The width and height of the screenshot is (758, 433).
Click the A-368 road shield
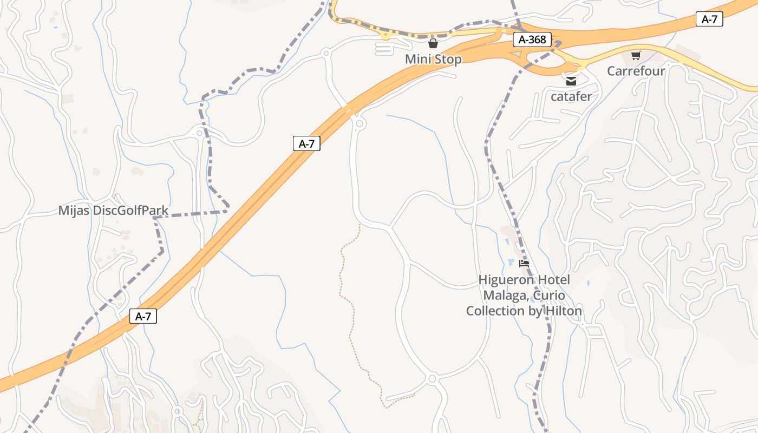point(532,40)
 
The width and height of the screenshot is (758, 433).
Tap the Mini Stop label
point(433,59)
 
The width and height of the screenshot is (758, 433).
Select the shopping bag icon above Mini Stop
point(433,43)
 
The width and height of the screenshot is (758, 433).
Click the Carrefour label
point(636,71)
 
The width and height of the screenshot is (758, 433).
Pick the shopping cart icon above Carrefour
point(636,56)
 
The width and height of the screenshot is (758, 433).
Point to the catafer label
point(571,97)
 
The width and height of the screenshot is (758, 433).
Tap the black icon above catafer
point(571,82)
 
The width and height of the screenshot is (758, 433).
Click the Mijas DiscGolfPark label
point(113,211)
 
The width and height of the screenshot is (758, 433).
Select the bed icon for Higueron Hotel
point(524,264)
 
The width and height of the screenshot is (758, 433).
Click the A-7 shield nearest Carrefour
point(709,19)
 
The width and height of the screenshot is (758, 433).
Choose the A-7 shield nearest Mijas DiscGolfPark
point(306,143)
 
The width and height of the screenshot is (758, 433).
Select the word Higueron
point(505,280)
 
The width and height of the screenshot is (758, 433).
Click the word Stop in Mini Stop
point(448,59)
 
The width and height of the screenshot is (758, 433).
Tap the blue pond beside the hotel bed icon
point(510,263)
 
